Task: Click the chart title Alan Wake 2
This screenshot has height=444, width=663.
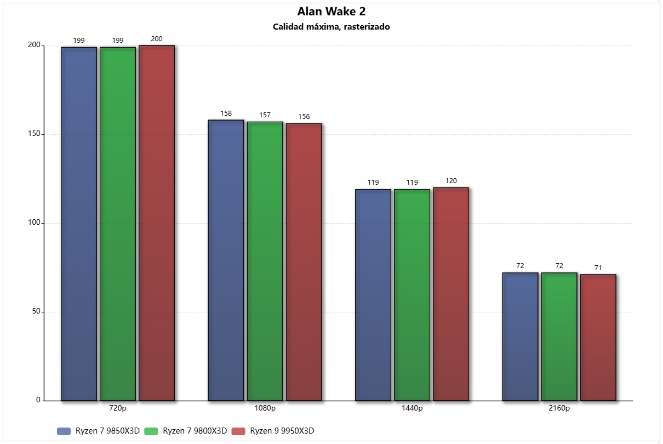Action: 331,12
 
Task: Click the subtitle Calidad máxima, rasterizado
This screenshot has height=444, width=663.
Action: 331,26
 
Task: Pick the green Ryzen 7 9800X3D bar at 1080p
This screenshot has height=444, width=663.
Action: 265,261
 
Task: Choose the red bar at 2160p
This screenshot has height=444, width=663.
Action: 598,337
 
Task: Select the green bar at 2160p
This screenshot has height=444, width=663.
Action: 559,337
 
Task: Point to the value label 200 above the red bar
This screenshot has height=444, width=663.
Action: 157,39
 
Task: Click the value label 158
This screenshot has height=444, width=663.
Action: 226,113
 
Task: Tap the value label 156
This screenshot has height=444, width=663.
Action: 304,117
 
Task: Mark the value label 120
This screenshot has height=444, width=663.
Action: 451,181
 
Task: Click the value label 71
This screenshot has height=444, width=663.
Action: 598,268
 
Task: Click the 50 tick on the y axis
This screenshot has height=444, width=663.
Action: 36,312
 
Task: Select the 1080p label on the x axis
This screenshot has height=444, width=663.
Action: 265,408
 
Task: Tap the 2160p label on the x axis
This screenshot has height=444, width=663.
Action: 559,408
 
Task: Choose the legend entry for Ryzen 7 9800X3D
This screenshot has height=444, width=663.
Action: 186,431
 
